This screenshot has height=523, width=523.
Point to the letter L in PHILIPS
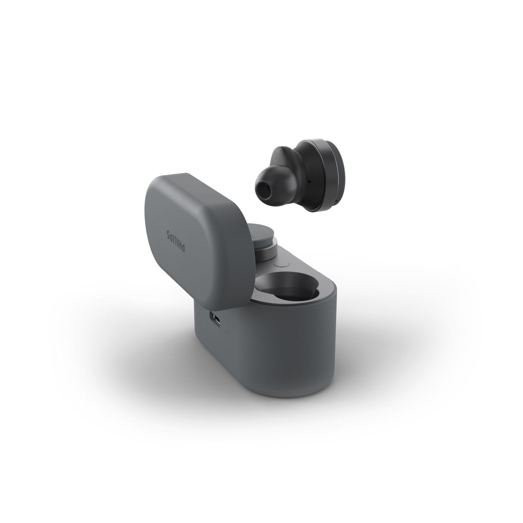pos(175,238)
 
